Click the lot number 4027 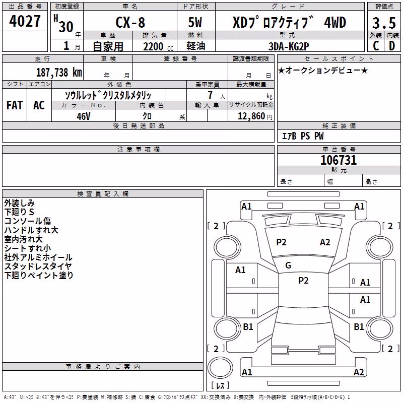point(25,21)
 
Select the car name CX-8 point(130,22)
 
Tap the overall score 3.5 point(384,23)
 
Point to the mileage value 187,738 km point(59,73)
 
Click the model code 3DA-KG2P point(289,46)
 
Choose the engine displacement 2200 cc point(158,47)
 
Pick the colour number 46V point(84,116)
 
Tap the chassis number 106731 point(339,160)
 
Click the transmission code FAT point(15,105)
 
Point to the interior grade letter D point(392,46)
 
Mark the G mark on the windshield point(288,265)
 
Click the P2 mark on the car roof point(303,281)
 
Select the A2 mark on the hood point(325,242)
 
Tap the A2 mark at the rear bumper point(359,372)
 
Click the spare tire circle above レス point(220,368)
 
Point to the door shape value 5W point(195,22)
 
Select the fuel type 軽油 point(196,46)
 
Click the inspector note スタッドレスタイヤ point(38,266)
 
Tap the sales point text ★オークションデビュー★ point(323,70)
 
